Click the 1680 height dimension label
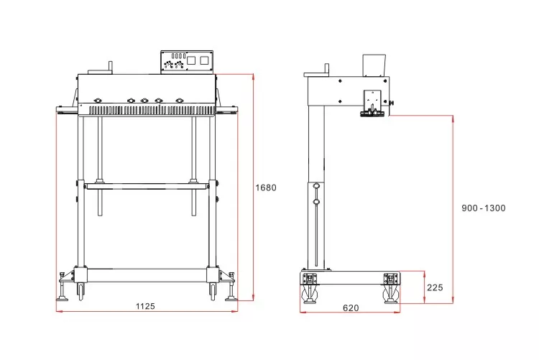point(266,188)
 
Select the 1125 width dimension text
point(145,306)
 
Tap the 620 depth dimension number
point(351,308)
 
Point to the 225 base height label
point(435,287)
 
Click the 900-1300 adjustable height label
point(484,208)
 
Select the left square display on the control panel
point(191,60)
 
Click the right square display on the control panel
point(204,60)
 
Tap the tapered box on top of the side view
point(374,65)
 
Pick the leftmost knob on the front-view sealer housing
point(97,101)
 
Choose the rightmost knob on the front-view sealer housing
point(180,101)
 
